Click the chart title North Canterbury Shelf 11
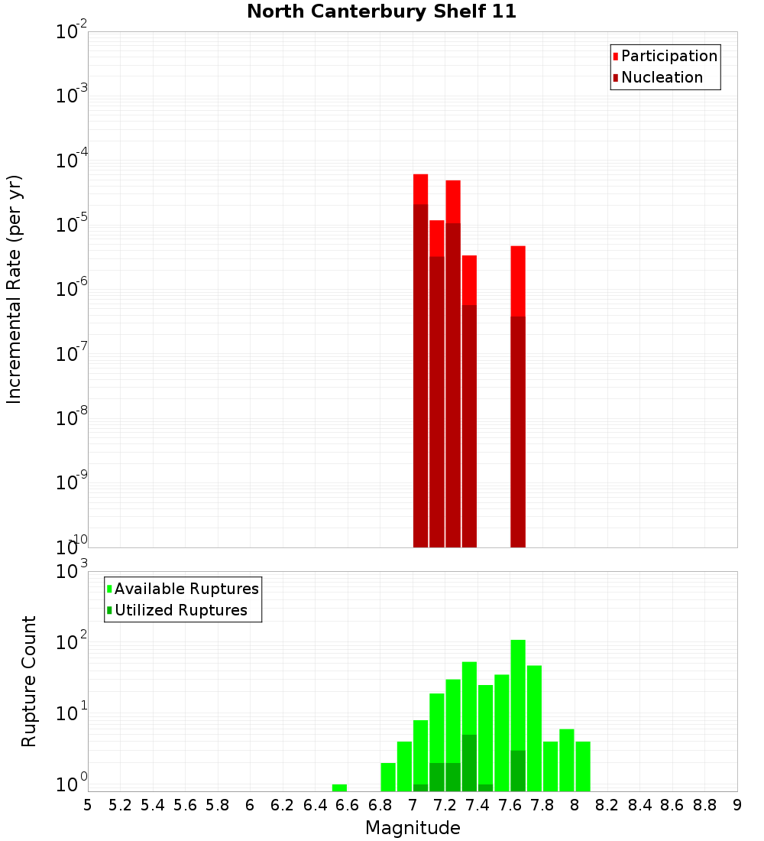tap(381, 12)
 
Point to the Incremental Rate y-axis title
tap(15, 289)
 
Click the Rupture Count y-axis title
tap(29, 681)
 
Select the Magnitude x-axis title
tap(413, 827)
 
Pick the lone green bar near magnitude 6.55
tap(339, 787)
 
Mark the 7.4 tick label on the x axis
tap(477, 805)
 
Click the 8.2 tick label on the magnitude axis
tap(607, 805)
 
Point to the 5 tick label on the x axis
tap(88, 805)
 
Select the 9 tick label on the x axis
tap(737, 805)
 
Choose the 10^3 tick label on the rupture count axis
tap(72, 572)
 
